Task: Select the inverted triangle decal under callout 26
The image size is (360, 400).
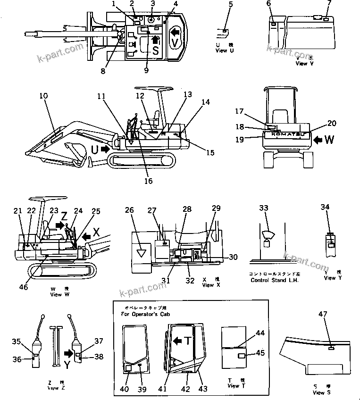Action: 140,253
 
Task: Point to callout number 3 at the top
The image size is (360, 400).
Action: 152,4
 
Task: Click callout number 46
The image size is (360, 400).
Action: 23,287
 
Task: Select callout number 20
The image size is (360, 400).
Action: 332,124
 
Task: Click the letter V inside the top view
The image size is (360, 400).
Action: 175,42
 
